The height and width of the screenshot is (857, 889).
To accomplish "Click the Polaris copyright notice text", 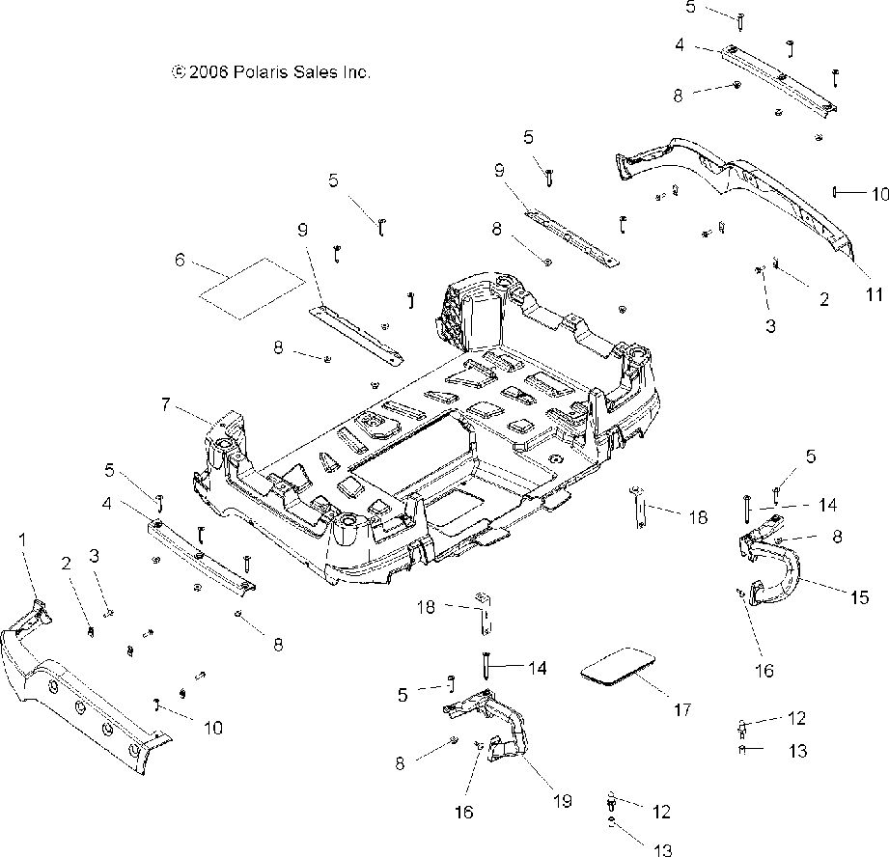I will (271, 71).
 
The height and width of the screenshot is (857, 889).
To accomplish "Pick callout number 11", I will (874, 296).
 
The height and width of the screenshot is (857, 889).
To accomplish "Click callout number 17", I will (682, 710).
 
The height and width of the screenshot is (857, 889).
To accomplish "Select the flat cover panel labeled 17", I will (618, 666).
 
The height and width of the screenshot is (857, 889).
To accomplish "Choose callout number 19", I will (563, 800).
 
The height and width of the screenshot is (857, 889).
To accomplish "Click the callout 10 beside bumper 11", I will (878, 193).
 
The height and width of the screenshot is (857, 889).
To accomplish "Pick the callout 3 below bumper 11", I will (770, 326).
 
